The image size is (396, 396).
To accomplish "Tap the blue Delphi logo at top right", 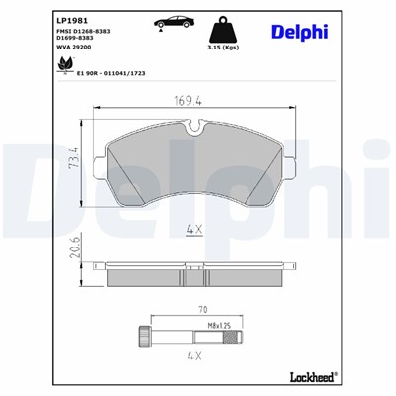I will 299,32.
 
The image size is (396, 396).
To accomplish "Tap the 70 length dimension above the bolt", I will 204,309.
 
